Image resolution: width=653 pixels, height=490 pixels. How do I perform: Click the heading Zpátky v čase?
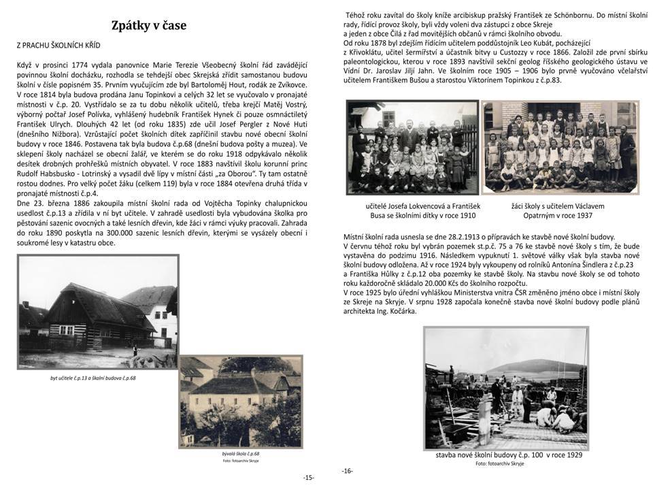(x=149, y=26)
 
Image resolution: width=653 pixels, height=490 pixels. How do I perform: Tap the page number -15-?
(x=308, y=478)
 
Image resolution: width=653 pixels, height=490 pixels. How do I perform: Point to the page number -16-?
(x=347, y=470)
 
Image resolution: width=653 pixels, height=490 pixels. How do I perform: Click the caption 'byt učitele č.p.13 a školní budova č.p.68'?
(x=93, y=378)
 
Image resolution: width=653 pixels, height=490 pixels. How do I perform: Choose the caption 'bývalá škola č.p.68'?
(x=246, y=453)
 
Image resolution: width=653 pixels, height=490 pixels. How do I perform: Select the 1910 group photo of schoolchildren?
(x=412, y=147)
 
